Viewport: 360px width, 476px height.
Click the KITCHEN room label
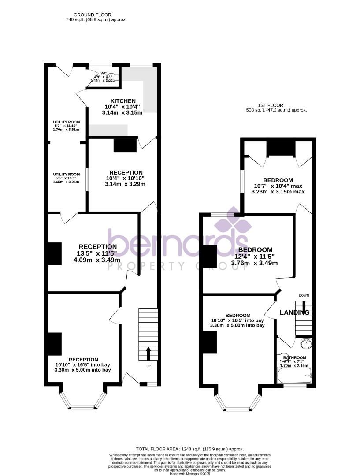pyautogui.click(x=117, y=101)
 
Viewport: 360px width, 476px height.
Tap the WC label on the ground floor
pyautogui.click(x=104, y=74)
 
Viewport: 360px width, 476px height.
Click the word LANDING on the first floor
pyautogui.click(x=295, y=312)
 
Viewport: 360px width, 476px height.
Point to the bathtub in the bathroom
pyautogui.click(x=294, y=376)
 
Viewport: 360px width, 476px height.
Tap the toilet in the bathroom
pyautogui.click(x=281, y=357)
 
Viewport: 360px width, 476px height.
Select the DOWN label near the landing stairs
pyautogui.click(x=304, y=295)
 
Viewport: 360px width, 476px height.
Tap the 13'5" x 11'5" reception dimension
pyautogui.click(x=97, y=253)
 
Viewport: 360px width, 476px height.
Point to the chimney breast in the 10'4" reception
pyautogui.click(x=125, y=145)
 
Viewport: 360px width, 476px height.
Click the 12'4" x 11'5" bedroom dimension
pyautogui.click(x=255, y=257)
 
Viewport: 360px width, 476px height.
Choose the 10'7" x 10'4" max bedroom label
pyautogui.click(x=278, y=180)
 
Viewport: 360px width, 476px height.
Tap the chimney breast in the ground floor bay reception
pyautogui.click(x=55, y=343)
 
